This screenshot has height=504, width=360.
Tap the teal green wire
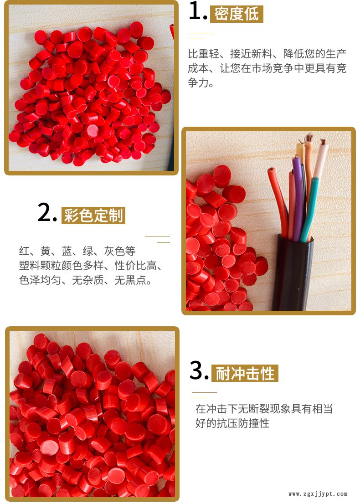309,209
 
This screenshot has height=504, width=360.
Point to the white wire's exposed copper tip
322,141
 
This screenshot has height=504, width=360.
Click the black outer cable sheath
293,273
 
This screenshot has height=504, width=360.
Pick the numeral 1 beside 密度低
197,11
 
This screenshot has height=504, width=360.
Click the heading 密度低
237,14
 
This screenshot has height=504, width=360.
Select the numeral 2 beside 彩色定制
47,212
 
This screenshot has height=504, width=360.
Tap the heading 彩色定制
93,215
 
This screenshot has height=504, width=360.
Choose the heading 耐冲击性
245,373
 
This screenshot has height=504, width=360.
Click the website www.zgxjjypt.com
318,494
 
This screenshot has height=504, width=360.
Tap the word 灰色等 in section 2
119,251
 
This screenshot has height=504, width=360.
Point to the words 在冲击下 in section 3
216,409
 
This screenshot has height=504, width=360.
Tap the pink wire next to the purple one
292,206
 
